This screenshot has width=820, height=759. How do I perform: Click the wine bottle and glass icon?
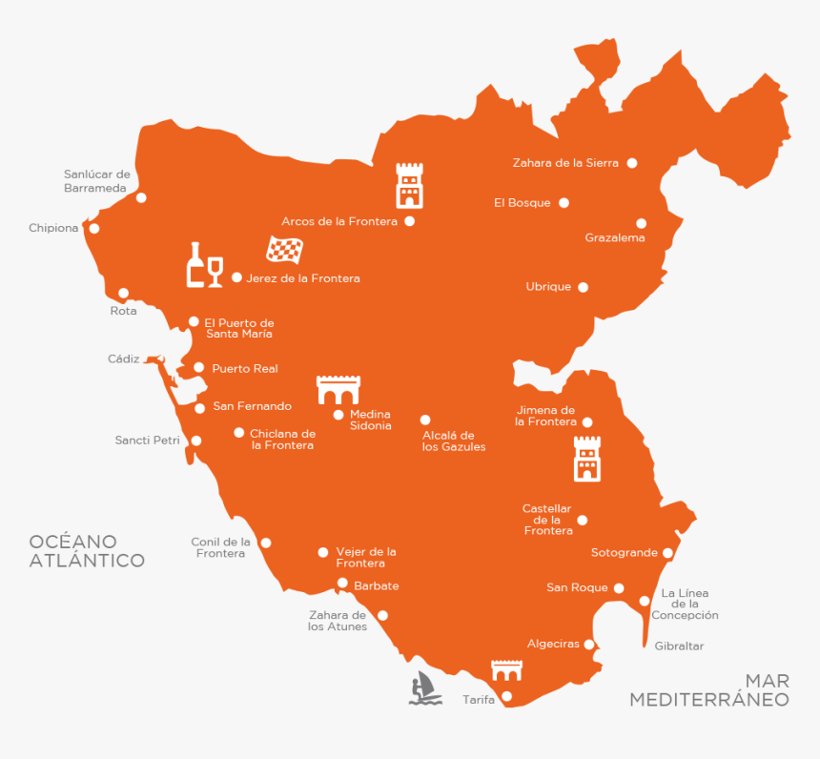click(x=204, y=265)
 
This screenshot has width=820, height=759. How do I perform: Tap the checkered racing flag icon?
click(x=283, y=250)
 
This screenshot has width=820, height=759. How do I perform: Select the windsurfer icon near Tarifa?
click(x=425, y=687)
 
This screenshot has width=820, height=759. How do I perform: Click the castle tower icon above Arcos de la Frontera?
click(x=409, y=185)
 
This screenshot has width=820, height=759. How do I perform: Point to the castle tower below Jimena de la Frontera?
click(x=586, y=459)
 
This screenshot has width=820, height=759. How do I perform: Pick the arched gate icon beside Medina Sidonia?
click(x=338, y=390)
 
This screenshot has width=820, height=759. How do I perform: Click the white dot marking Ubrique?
click(x=583, y=287)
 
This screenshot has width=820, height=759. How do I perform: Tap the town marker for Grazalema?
click(x=641, y=223)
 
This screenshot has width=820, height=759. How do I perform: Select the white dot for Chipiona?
click(x=93, y=229)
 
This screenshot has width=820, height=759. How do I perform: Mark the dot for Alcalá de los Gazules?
click(x=425, y=420)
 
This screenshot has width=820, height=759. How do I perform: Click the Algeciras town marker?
click(x=589, y=645)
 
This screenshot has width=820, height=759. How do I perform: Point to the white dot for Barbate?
click(x=342, y=583)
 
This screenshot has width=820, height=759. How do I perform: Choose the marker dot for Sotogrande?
click(x=667, y=553)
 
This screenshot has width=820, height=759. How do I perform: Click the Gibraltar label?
click(x=679, y=646)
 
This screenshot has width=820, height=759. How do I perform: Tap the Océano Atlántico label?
click(x=87, y=551)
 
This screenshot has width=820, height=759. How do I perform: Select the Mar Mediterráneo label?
click(x=709, y=691)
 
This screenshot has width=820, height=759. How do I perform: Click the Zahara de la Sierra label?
click(x=565, y=163)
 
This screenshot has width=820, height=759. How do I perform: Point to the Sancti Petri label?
click(x=147, y=441)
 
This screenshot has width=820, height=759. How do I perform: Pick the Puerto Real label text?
click(x=245, y=368)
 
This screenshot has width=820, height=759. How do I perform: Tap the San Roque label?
click(x=577, y=588)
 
